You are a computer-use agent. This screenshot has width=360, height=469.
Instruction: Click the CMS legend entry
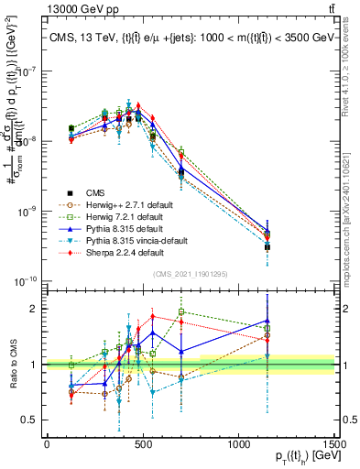(x=96, y=191)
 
